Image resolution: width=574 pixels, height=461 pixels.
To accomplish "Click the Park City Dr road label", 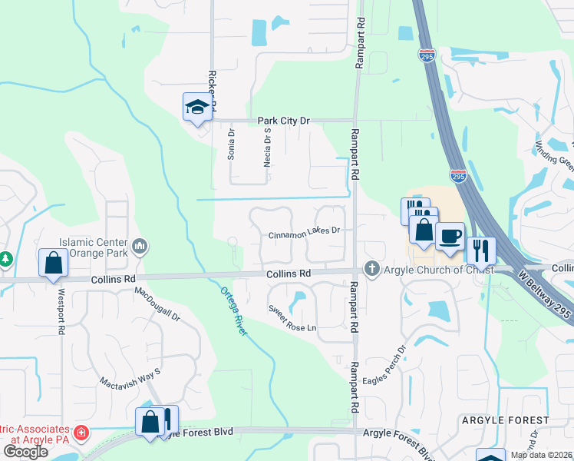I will coord(283,121).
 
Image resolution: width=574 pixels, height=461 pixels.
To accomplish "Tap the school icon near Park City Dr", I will coord(196,107).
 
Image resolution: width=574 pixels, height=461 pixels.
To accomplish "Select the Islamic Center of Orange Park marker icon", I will coord(140,246).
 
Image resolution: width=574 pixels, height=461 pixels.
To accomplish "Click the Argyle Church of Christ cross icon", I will coord(371,268).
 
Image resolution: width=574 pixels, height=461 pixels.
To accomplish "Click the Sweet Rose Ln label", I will coord(292,318).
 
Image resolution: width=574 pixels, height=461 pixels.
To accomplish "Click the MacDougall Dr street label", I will coord(157,303).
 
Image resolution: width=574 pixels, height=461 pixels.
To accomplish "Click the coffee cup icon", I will coord(450,235).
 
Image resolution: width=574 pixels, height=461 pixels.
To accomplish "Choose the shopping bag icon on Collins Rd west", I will coord(54,263).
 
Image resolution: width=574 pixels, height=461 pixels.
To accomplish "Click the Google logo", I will coord(26,451).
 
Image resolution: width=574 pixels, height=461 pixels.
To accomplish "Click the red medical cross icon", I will coord(81,432).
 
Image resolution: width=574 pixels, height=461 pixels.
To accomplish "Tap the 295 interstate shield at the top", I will coord(427,55).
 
